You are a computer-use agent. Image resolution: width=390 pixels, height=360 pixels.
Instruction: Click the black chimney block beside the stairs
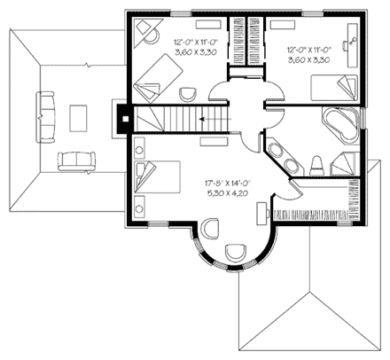[126, 113]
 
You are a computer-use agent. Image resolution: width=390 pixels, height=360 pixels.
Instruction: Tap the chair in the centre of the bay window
[235, 252]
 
